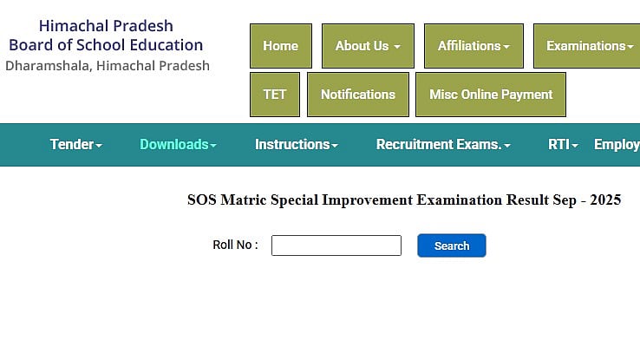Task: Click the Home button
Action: point(280,46)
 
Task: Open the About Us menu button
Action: point(368,46)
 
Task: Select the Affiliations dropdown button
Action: point(473,46)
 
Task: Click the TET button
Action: point(274,95)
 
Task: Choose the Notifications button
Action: point(357,95)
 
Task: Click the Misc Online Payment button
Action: point(491,95)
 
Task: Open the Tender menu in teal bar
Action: point(75,145)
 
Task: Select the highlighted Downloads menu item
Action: point(178,145)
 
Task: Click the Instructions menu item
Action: point(296,145)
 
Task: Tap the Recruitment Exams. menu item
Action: point(442,145)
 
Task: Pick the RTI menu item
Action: point(563,145)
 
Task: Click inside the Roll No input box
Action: point(336,245)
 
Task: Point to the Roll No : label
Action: point(235,245)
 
